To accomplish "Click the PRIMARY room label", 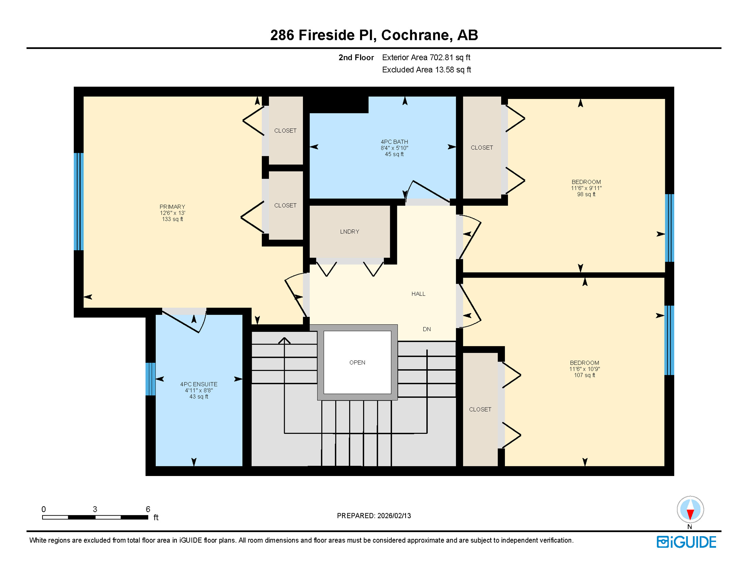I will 172,207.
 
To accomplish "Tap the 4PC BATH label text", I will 394,142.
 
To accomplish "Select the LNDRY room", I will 349,231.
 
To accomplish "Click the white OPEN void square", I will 357,362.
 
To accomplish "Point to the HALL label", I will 418,294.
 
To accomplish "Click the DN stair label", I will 426,329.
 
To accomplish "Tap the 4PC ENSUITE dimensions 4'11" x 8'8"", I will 199,390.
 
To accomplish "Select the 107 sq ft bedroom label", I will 584,369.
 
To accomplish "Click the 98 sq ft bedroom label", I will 586,188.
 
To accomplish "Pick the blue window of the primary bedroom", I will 78,201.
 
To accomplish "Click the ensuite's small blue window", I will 150,379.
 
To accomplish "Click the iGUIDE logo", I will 686,542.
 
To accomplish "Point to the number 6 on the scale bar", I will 148,509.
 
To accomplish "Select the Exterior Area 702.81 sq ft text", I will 426,57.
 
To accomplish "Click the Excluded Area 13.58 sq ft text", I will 426,70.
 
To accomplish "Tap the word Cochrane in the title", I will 415,35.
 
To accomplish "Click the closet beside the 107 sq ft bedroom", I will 480,409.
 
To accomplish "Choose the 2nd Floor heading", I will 356,57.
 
